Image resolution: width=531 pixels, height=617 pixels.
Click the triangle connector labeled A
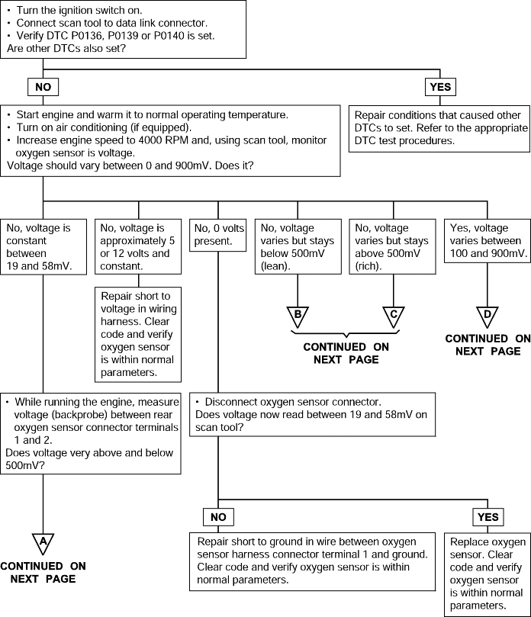pyautogui.click(x=43, y=543)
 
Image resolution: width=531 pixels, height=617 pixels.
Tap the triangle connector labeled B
pyautogui.click(x=298, y=316)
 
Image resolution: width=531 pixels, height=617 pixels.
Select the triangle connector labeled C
pyautogui.click(x=393, y=316)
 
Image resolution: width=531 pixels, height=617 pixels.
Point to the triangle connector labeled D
pyautogui.click(x=488, y=316)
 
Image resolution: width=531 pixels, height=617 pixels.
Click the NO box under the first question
pyautogui.click(x=43, y=87)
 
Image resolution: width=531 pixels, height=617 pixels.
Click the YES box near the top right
pyautogui.click(x=440, y=87)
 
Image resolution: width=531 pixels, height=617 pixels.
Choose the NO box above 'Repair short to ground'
pyautogui.click(x=218, y=517)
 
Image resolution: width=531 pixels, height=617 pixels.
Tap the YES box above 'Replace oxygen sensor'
pyautogui.click(x=488, y=517)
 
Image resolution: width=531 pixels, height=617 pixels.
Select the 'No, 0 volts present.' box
pyautogui.click(x=217, y=235)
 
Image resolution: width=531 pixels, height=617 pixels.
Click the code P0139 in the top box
pyautogui.click(x=123, y=36)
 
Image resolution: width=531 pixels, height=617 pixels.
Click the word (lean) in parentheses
pyautogui.click(x=275, y=266)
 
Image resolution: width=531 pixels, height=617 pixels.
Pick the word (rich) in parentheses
pyautogui.click(x=368, y=266)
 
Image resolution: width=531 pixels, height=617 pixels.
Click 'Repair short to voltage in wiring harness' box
pyautogui.click(x=138, y=335)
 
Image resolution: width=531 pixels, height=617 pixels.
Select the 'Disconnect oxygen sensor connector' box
pyautogui.click(x=313, y=414)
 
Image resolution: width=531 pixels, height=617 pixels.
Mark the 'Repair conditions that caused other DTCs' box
pyautogui.click(x=439, y=128)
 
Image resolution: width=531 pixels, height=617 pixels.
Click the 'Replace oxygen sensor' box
pyautogui.click(x=488, y=574)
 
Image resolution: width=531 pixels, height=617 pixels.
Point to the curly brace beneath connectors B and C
pyautogui.click(x=346, y=334)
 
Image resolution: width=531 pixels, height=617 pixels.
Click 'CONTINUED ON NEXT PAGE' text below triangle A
pyautogui.click(x=43, y=573)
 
